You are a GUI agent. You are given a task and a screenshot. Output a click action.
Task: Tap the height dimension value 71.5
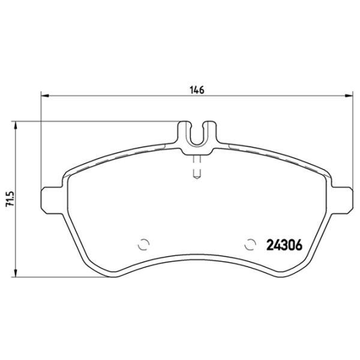coord(9,200)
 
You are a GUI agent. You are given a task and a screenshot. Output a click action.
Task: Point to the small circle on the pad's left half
coord(143,244)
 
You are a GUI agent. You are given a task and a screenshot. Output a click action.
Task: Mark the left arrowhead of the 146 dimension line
coord(44,96)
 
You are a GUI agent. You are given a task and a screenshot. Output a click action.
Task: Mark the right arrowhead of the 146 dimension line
coord(350,96)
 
